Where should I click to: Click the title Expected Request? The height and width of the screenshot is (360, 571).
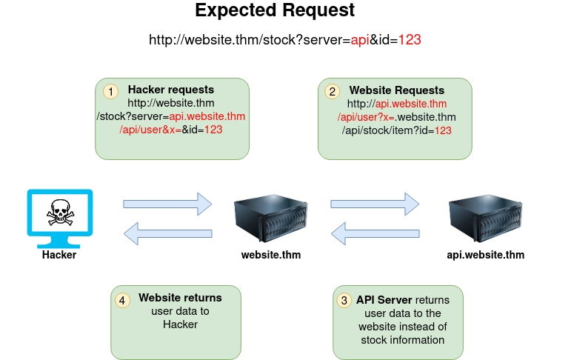point(275,11)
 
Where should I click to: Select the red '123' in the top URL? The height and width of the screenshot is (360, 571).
point(410,39)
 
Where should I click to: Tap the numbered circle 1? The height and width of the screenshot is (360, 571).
point(110,91)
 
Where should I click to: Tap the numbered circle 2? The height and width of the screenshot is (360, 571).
point(333,91)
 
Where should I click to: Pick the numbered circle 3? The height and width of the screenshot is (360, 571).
point(344,300)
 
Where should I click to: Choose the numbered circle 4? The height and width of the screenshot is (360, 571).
point(122,300)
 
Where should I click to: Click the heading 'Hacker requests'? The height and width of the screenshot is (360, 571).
point(171,90)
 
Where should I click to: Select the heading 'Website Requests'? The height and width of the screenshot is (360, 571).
point(397,90)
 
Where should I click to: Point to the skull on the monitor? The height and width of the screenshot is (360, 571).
point(59,213)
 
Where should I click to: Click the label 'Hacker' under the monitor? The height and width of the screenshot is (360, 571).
point(59,255)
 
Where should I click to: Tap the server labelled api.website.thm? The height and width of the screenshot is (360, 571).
point(486,216)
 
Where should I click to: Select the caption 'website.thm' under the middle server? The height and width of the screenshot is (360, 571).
point(271,255)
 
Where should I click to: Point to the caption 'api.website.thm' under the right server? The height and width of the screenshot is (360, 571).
point(486,255)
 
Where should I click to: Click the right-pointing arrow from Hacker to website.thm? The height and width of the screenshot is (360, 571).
point(167,202)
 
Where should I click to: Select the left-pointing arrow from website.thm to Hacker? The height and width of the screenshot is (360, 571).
point(167,234)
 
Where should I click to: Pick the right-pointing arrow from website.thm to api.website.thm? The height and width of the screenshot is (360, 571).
point(374,202)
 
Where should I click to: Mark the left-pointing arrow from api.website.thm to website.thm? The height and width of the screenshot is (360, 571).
point(374,234)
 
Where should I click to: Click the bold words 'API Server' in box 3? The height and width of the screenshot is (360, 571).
point(384,300)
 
